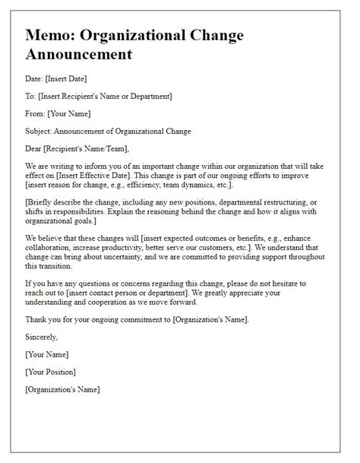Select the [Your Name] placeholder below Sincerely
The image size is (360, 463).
coord(47,355)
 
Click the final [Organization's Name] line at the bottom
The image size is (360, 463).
coord(63,390)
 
